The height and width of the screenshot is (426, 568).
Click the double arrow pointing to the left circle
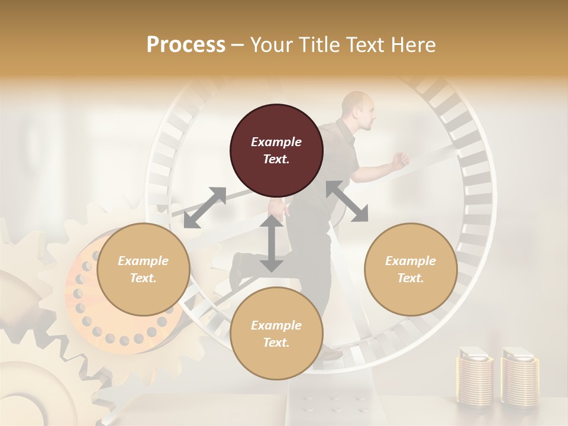205,208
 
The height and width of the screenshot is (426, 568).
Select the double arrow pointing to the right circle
347,201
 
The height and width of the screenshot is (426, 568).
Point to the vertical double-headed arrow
272,244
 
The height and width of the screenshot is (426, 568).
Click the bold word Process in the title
186,44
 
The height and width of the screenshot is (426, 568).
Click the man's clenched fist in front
402,159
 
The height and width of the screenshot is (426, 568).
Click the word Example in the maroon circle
276,142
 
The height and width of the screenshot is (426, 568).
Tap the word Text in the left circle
143,278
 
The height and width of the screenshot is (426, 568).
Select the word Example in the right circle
411,261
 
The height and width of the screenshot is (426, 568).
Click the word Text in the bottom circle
276,343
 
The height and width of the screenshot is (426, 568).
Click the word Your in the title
272,44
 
